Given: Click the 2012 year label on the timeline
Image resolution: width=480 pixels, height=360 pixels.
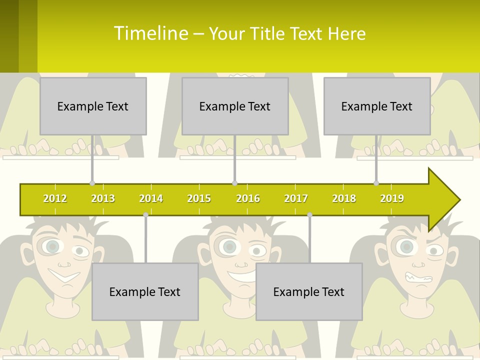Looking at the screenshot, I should pyautogui.click(x=55, y=198).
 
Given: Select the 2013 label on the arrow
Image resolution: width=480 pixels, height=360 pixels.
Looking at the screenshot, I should pyautogui.click(x=103, y=198).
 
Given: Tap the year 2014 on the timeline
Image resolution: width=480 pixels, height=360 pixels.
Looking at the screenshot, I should pyautogui.click(x=151, y=198).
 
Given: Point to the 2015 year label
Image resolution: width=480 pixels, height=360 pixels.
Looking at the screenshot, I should pyautogui.click(x=199, y=198).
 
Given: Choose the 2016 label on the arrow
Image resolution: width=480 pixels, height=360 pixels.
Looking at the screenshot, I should pyautogui.click(x=248, y=198).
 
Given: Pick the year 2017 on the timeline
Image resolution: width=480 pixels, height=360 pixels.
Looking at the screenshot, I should pyautogui.click(x=296, y=198).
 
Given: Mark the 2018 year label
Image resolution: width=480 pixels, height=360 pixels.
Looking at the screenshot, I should pyautogui.click(x=344, y=198).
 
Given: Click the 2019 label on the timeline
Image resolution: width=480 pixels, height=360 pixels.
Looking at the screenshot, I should pyautogui.click(x=392, y=198).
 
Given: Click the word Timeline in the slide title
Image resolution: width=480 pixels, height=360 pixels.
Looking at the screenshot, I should pyautogui.click(x=150, y=33).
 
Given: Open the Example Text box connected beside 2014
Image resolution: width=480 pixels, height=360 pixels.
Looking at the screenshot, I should pyautogui.click(x=145, y=292).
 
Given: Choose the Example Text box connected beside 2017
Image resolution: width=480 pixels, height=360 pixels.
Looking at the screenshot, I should pyautogui.click(x=309, y=292).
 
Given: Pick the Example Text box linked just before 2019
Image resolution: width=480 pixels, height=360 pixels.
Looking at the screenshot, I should pyautogui.click(x=377, y=106).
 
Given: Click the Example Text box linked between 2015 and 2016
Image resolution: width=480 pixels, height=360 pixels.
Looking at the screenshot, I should pyautogui.click(x=235, y=106).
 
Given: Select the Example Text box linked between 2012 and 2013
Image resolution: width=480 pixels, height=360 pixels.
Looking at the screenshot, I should pyautogui.click(x=93, y=106).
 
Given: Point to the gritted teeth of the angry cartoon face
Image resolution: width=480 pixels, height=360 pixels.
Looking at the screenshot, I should pyautogui.click(x=418, y=278).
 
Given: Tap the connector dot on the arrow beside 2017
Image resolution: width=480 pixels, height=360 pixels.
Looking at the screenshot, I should pyautogui.click(x=309, y=214).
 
